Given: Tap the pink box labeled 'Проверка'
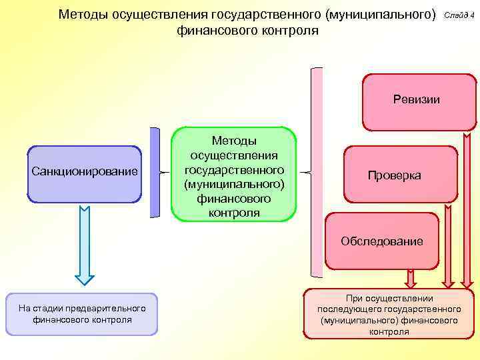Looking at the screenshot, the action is coord(401,175).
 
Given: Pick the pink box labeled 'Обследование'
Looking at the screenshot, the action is coord(381,241).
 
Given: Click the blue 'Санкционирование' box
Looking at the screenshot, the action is coord(85,173).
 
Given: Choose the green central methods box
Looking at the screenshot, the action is coord(234,175).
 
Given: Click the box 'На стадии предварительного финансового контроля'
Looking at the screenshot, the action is coord(82,314).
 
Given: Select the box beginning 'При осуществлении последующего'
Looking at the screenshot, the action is coord(389,315).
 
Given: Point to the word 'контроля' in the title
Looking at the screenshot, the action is coord(285,31).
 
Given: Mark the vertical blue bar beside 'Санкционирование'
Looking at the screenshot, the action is coord(155,172).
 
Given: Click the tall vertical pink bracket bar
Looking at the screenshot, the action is coord(317,172).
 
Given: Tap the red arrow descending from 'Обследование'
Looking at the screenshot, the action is coord(410,277).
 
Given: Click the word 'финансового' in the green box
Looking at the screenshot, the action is coord(234,199).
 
